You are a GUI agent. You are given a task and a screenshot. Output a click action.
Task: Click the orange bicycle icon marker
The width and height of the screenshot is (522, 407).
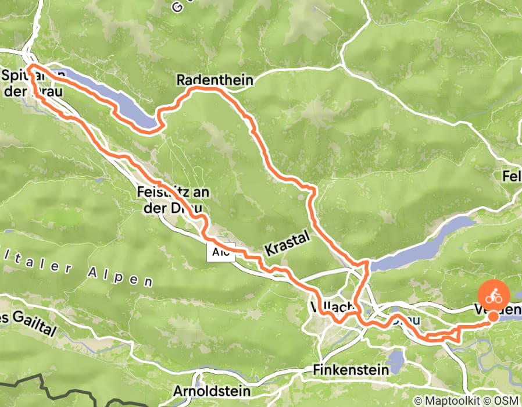pyautogui.click(x=493, y=295)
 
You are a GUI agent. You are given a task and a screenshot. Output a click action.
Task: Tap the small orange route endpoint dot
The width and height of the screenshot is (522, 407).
pyautogui.click(x=493, y=316)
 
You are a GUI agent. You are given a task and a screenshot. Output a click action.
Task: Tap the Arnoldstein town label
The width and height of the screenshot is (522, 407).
pyautogui.click(x=211, y=391)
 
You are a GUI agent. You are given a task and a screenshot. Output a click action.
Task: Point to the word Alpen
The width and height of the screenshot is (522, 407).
pyautogui.click(x=125, y=277)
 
